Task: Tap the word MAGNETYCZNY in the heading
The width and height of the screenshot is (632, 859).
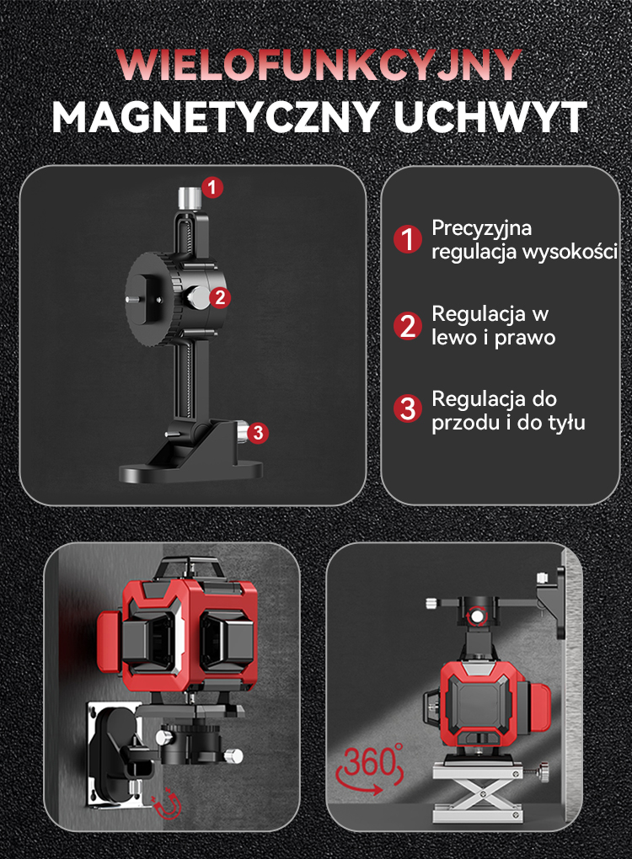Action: [x=217, y=117]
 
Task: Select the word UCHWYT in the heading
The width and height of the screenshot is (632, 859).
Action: [x=490, y=117]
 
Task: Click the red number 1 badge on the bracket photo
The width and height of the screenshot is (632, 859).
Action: [x=212, y=188]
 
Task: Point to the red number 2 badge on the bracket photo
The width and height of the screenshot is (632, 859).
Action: [x=220, y=297]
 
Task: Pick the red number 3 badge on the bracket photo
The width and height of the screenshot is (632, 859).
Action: [x=258, y=433]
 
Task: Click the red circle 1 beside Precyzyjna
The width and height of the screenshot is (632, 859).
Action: [x=408, y=239]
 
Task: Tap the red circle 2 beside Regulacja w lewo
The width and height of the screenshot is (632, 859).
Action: [x=408, y=325]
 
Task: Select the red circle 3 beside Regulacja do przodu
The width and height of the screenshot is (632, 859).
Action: [x=408, y=408]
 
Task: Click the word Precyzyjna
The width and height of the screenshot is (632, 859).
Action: [x=482, y=229]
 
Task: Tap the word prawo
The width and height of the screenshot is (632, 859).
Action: [x=525, y=338]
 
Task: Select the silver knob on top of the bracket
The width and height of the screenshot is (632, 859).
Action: [x=190, y=198]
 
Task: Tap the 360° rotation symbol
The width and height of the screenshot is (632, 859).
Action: [x=371, y=767]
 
